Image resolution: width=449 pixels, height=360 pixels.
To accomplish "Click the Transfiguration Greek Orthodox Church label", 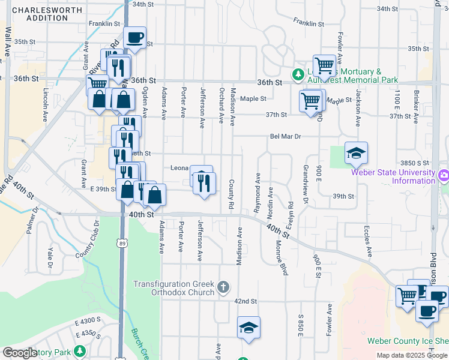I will (173, 288).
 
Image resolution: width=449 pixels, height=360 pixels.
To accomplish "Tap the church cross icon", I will (223, 286).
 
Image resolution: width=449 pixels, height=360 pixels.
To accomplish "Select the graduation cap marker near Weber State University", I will (356, 154).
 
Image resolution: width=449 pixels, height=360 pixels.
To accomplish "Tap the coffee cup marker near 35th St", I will (135, 38).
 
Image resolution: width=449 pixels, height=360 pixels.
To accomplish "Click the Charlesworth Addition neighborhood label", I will (40, 14).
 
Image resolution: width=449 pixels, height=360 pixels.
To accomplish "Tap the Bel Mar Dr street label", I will (285, 136).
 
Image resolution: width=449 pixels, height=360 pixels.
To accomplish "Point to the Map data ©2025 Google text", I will (411, 355).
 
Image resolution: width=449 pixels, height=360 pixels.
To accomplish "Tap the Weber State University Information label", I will (397, 176).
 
